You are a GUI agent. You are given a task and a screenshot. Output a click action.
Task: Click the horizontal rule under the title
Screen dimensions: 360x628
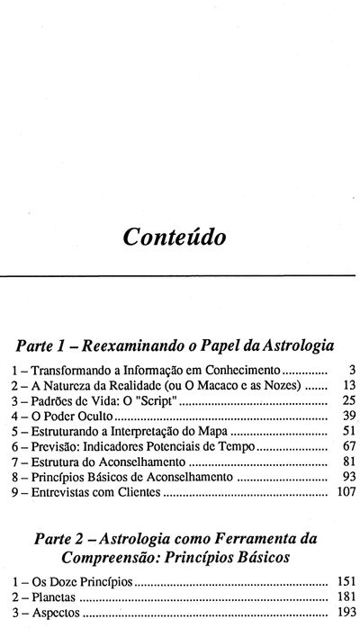(180, 274)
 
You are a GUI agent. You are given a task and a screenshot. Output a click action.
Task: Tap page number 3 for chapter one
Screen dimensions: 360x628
(352, 369)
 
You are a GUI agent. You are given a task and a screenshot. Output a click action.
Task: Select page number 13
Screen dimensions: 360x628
(349, 385)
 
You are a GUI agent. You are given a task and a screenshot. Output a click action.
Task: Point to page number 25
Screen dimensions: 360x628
(349, 401)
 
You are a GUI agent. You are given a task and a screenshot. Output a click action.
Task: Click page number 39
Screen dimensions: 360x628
(349, 417)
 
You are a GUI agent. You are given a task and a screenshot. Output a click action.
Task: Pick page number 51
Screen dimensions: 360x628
(349, 434)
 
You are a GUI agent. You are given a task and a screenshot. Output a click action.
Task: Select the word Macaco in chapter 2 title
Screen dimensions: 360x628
(214, 385)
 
